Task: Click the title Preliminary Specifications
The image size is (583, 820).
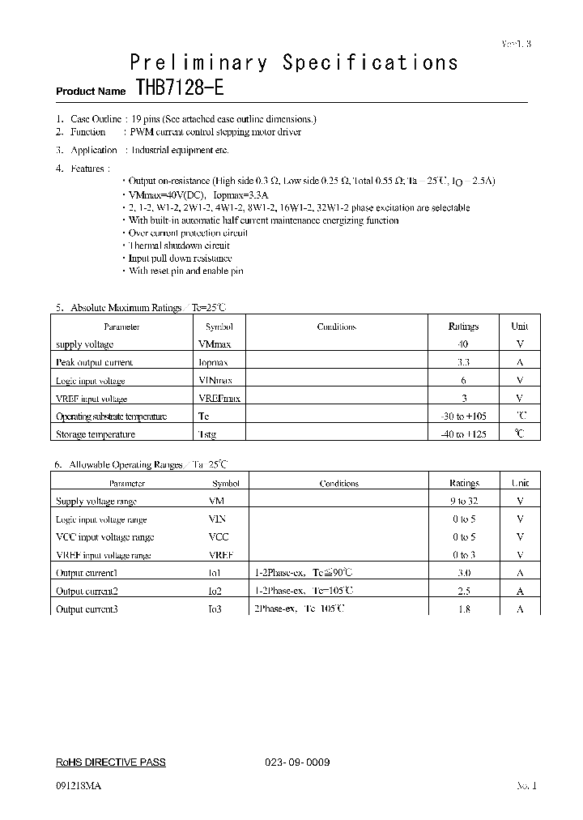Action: point(294,62)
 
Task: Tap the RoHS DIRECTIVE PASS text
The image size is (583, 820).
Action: point(110,762)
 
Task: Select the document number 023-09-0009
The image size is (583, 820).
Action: point(297,762)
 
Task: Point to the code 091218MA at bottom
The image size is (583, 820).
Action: point(79,786)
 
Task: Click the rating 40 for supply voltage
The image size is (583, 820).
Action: point(463,344)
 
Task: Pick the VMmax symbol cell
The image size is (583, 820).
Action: point(215,344)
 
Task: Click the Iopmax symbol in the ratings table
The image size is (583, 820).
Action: point(214,362)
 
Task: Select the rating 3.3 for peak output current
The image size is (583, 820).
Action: point(463,362)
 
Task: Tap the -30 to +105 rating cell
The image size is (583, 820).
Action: point(463,416)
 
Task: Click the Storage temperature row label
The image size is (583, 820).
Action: point(95,434)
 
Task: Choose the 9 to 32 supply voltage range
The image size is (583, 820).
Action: point(464,502)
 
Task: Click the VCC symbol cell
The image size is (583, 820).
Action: point(219,537)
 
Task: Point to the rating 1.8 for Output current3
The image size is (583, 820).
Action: point(464,609)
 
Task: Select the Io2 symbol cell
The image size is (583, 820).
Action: point(215,591)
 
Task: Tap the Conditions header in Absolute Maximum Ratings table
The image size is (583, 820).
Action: point(336,327)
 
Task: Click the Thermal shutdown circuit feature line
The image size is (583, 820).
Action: point(179,246)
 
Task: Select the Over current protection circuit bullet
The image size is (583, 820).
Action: point(188,233)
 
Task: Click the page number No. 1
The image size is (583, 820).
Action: point(526,786)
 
